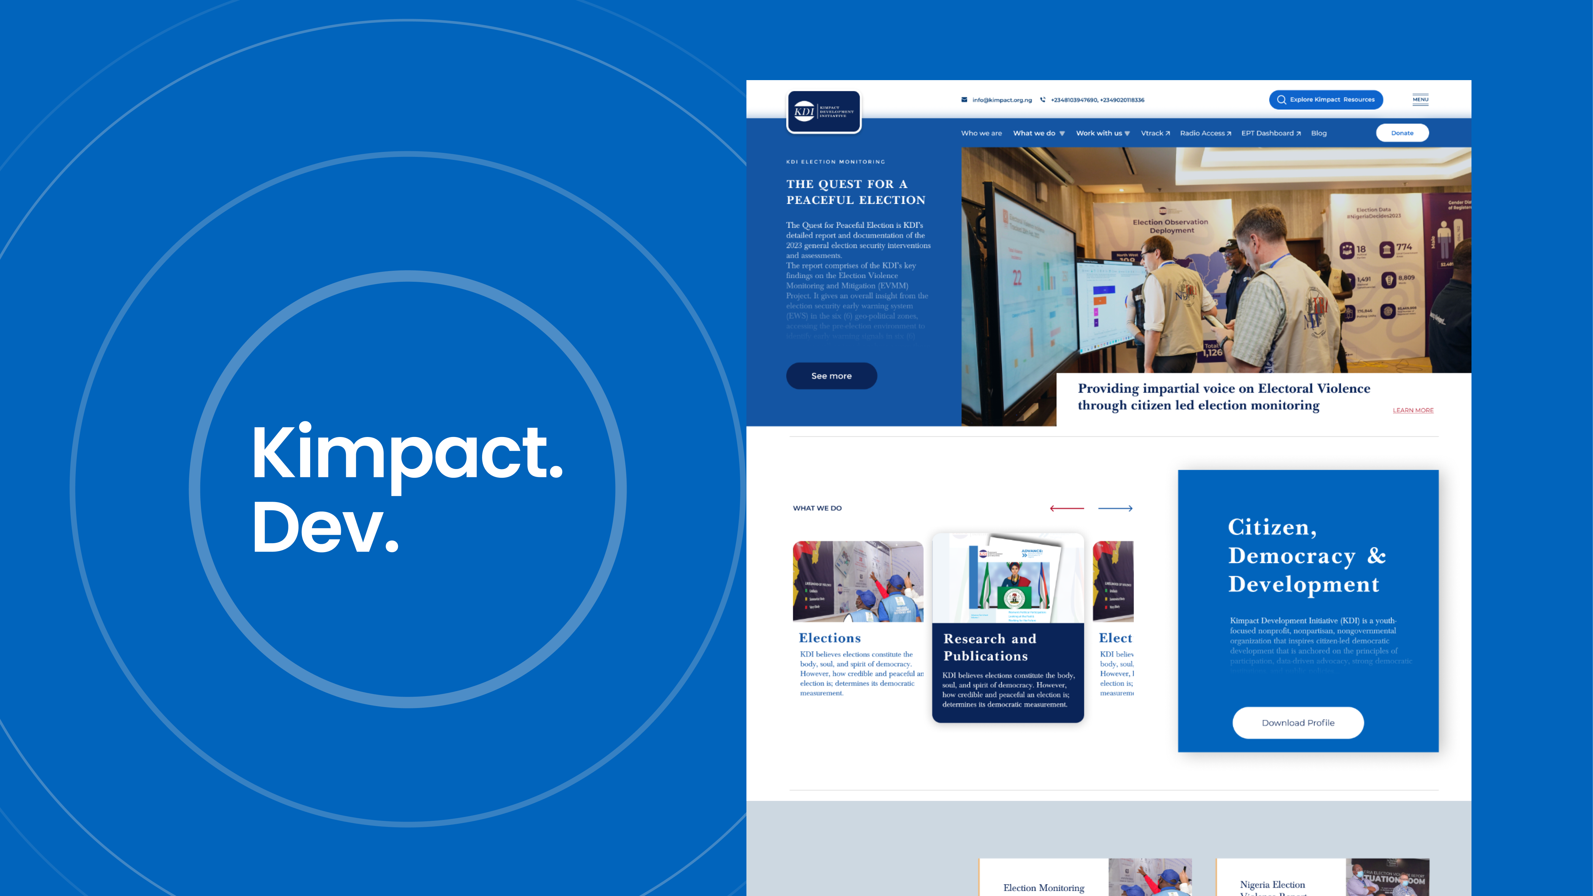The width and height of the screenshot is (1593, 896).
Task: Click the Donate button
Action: pos(1402,133)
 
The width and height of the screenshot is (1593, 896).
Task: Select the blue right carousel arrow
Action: pos(1115,508)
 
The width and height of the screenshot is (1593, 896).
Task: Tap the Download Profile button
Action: pos(1298,723)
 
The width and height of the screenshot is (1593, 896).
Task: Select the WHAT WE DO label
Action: pos(817,508)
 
